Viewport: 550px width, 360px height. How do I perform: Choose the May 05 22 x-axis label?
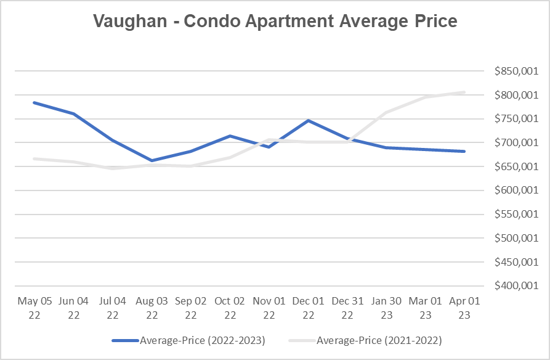[x=34, y=307]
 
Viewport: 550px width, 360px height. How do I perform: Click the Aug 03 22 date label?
[x=152, y=307]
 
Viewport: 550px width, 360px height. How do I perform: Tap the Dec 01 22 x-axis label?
[x=308, y=307]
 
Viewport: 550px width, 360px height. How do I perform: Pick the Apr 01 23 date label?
[x=464, y=307]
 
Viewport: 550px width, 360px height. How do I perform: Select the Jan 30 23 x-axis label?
[x=386, y=307]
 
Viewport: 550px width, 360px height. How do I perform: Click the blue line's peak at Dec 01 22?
[x=308, y=120]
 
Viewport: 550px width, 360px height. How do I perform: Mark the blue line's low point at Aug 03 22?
[x=152, y=160]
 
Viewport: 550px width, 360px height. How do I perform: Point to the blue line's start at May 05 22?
[x=34, y=102]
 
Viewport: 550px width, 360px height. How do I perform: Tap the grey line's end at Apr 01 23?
[x=464, y=92]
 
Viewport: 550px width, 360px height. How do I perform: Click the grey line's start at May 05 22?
[x=34, y=158]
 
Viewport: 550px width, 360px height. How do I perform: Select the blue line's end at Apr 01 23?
[x=464, y=151]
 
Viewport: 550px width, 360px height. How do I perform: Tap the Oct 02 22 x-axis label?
[x=230, y=307]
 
